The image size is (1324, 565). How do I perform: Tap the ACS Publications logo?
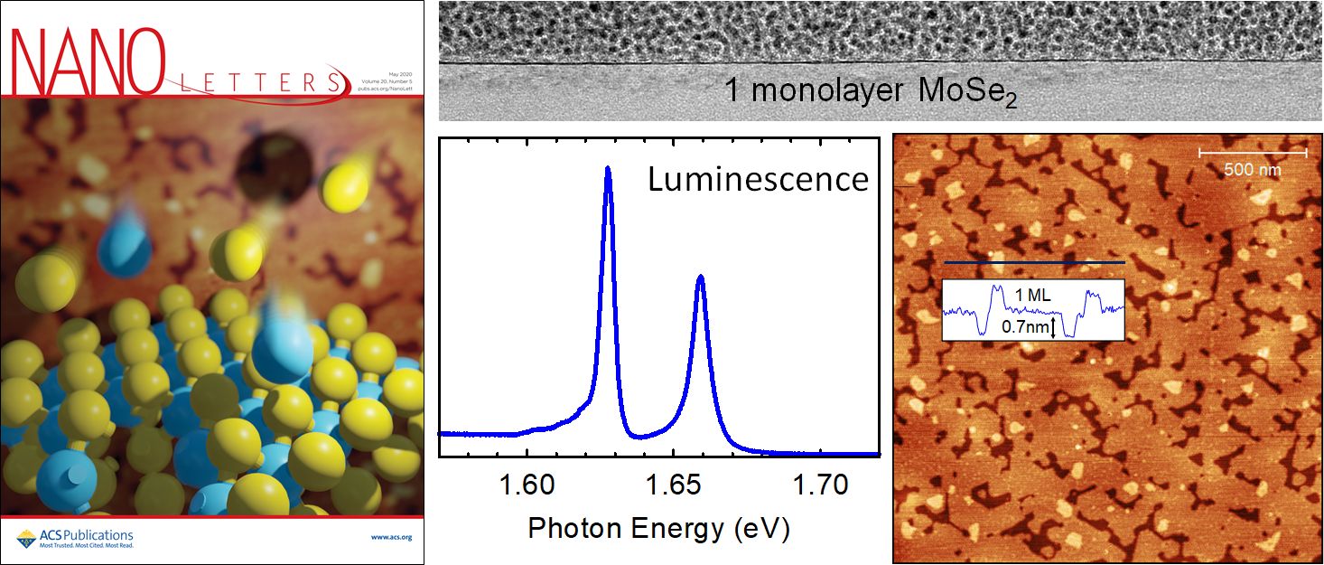[75, 540]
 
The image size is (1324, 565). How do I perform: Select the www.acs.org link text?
[391, 537]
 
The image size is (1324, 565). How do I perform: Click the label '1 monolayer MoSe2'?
[871, 91]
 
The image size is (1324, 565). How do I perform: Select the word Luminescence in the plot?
[757, 179]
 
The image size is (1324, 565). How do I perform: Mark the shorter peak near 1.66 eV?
[700, 278]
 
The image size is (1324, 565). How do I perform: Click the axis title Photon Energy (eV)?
[658, 529]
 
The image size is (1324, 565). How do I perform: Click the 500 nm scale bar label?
[1253, 169]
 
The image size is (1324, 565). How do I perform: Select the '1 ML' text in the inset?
[1033, 294]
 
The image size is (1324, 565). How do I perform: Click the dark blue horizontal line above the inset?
[1033, 262]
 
